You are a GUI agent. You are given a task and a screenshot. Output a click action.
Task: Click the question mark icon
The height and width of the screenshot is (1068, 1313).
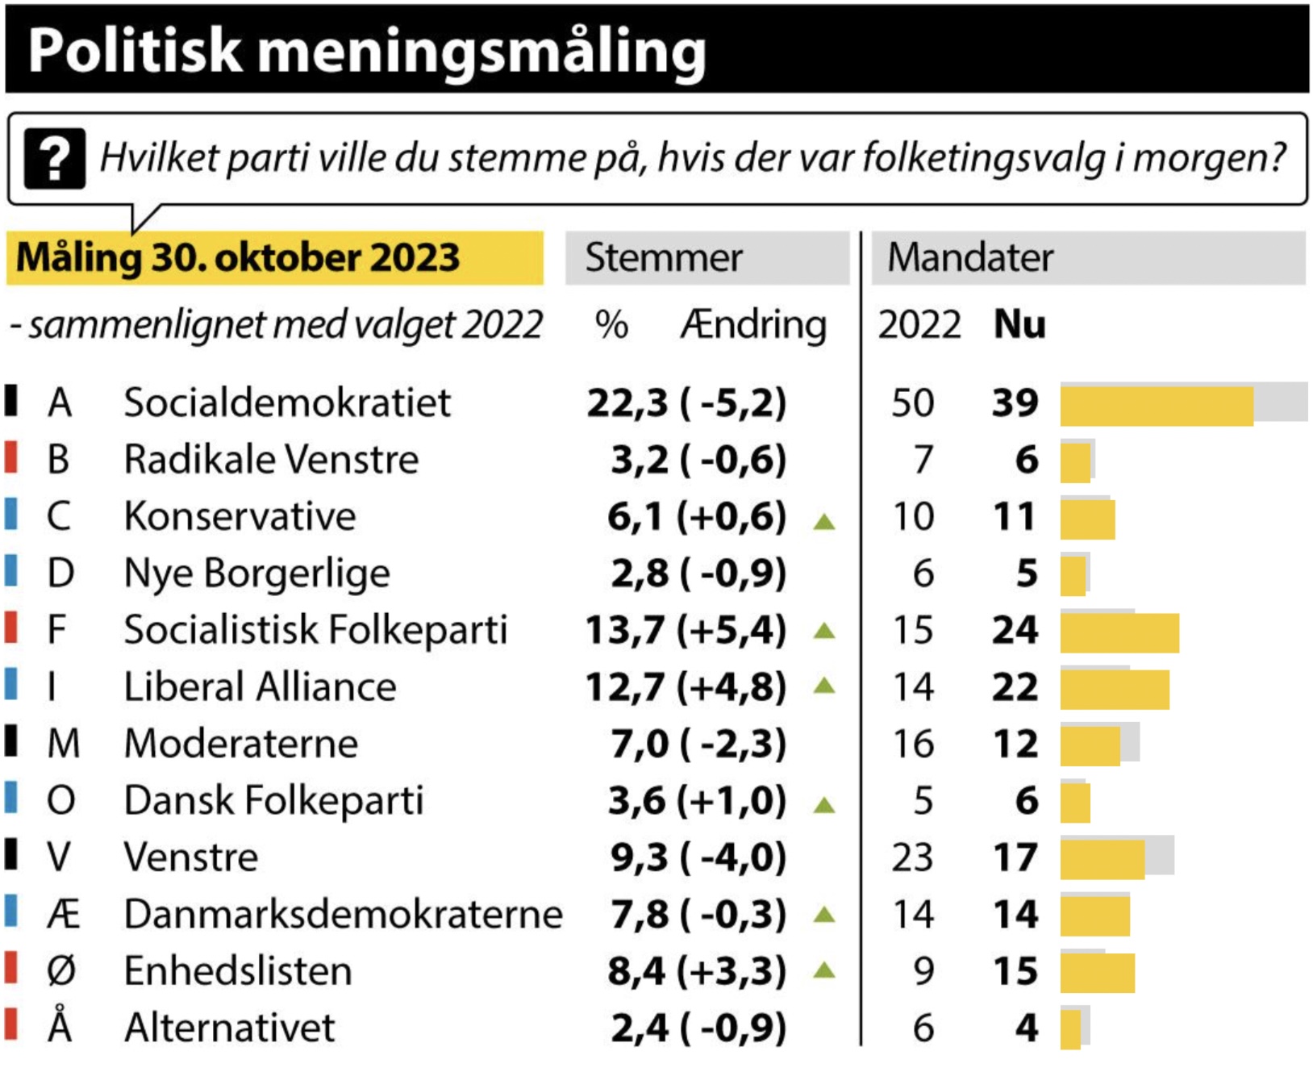pyautogui.click(x=54, y=159)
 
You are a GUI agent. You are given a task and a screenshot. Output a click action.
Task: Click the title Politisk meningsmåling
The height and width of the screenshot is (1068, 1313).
pyautogui.click(x=367, y=51)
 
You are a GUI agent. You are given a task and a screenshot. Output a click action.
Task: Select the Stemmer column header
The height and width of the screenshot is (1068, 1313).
pyautogui.click(x=664, y=258)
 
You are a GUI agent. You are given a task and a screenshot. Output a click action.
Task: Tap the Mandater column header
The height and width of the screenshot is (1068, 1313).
pyautogui.click(x=970, y=258)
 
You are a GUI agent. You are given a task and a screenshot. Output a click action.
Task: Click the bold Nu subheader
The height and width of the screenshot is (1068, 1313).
pyautogui.click(x=1019, y=325)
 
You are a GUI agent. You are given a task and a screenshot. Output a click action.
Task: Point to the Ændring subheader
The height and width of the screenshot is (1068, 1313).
pyautogui.click(x=753, y=325)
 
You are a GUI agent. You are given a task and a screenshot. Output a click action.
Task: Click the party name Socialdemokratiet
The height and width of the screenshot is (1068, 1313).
pyautogui.click(x=287, y=403)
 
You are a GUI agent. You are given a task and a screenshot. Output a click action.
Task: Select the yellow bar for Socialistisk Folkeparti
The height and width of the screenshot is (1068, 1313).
pyautogui.click(x=1119, y=632)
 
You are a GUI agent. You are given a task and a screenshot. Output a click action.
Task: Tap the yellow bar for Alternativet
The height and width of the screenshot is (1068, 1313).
pyautogui.click(x=1070, y=1029)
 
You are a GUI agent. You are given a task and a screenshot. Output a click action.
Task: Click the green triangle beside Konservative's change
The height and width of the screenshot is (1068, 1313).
pyautogui.click(x=824, y=522)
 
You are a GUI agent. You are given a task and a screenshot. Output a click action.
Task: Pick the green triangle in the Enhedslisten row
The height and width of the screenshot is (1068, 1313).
pyautogui.click(x=824, y=970)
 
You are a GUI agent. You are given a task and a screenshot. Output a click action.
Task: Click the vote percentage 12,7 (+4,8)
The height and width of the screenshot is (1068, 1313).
pyautogui.click(x=686, y=687)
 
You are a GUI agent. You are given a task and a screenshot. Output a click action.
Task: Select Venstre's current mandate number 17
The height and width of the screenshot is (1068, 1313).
pyautogui.click(x=1015, y=857)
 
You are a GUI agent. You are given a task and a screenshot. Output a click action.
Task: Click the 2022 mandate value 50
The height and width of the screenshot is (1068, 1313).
pyautogui.click(x=913, y=403)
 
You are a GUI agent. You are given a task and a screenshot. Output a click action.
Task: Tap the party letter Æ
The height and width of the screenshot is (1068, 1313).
pyautogui.click(x=63, y=915)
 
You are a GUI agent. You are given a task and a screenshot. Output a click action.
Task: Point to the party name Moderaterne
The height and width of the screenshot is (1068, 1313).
pyautogui.click(x=241, y=744)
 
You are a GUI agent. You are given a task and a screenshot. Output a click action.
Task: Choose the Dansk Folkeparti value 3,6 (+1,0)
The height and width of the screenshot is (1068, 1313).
pyautogui.click(x=697, y=801)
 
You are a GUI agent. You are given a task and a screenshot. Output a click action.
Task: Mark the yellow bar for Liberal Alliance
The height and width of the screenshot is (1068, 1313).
pyautogui.click(x=1115, y=690)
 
